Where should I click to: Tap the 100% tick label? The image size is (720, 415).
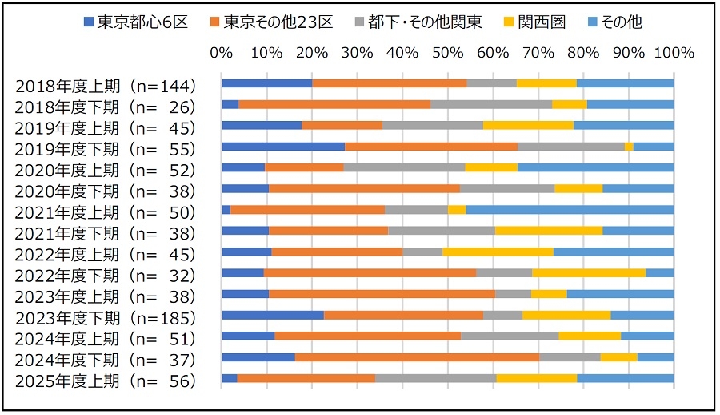click(x=673, y=53)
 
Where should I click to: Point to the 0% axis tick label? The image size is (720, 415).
click(x=222, y=53)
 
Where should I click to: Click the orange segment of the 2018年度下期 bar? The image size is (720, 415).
click(x=334, y=104)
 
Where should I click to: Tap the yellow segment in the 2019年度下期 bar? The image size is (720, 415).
click(x=629, y=147)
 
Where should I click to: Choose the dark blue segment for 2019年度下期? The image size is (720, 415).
click(x=283, y=147)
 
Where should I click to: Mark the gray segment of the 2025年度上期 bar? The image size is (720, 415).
click(x=435, y=378)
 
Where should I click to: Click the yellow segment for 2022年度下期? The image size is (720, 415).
click(x=588, y=273)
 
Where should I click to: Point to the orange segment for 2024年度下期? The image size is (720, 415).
click(x=417, y=357)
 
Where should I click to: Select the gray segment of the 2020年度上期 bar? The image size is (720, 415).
click(x=404, y=167)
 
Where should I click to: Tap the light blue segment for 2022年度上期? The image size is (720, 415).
click(x=614, y=252)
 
